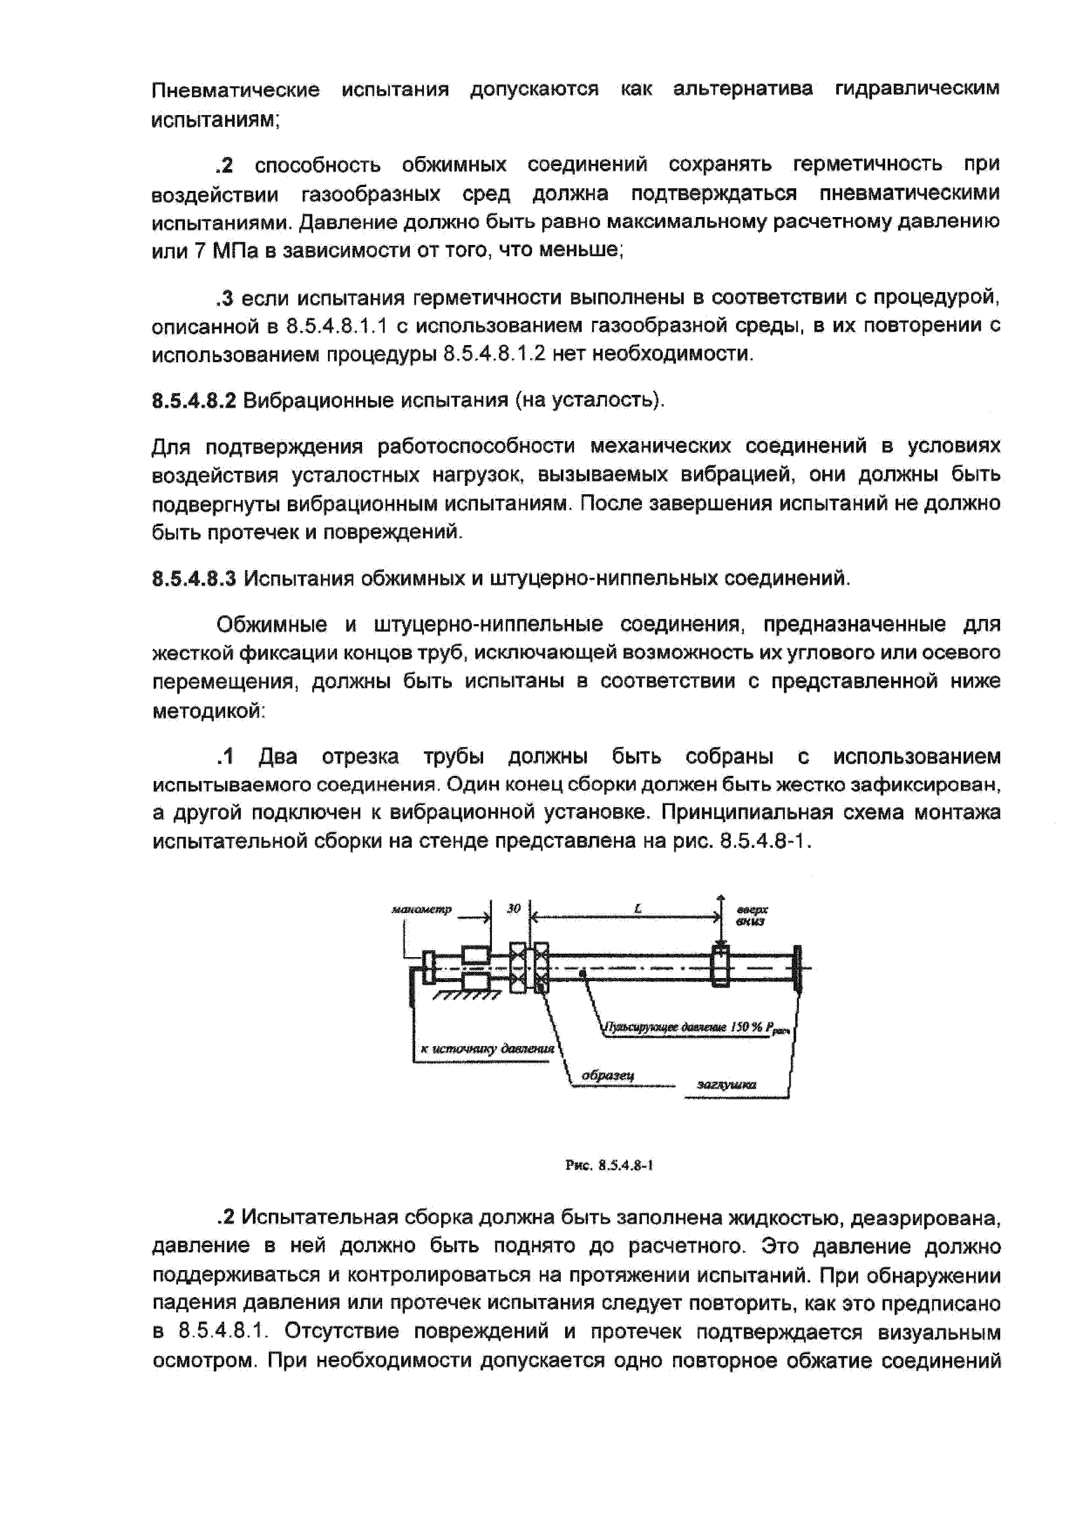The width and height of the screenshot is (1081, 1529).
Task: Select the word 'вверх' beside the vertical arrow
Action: [x=752, y=909]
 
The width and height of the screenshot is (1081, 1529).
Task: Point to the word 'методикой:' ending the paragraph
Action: [x=209, y=711]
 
